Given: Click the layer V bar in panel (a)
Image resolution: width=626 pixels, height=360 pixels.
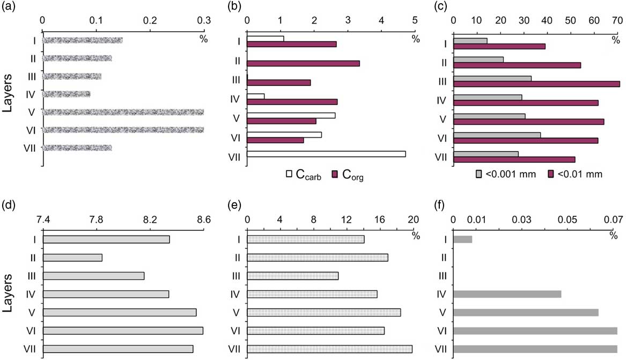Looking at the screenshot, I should pos(123,112).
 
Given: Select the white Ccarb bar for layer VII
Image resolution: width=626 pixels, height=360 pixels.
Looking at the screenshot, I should pos(326,154).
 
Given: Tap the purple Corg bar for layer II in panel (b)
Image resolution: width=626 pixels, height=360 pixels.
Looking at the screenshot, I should pos(303,63).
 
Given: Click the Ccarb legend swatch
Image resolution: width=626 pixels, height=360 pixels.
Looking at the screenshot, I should pos(289,174).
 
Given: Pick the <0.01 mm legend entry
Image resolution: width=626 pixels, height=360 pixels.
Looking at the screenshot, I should pos(576,174).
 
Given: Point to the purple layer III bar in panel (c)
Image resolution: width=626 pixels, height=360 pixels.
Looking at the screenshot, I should pos(536,84).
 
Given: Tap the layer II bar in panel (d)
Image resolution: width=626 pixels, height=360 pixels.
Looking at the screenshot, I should pos(72,258).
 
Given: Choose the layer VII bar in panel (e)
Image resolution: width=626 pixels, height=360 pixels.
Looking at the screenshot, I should pos(329,349).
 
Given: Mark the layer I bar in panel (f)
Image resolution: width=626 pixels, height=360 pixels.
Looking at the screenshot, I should pos(463,239).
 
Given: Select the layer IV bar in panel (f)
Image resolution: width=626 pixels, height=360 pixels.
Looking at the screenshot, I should pos(507,294).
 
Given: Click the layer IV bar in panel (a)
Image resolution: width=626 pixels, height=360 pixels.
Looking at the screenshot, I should pos(67,94).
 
